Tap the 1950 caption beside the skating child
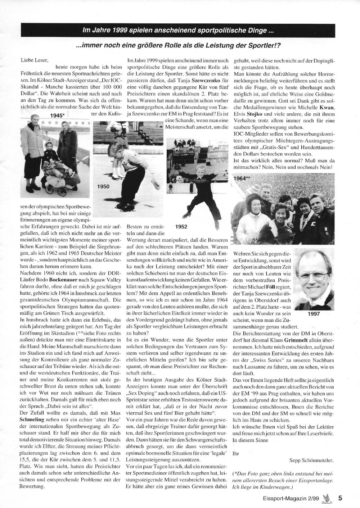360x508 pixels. pos(103,186)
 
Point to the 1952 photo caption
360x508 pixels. pos(181,227)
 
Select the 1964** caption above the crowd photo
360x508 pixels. pos(242,178)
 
